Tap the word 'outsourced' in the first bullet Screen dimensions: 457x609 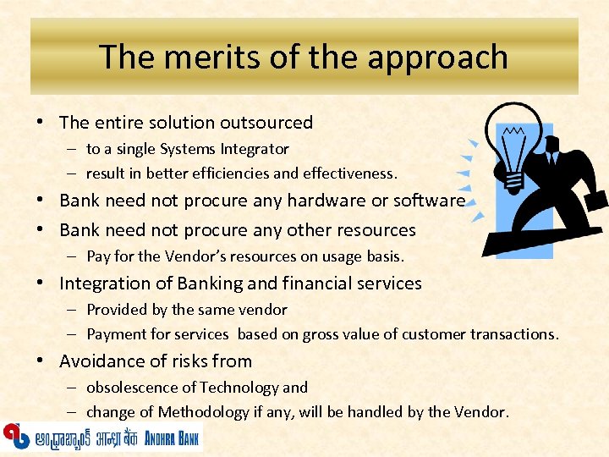click(267, 123)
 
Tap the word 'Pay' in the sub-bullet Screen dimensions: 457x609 click(98, 256)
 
